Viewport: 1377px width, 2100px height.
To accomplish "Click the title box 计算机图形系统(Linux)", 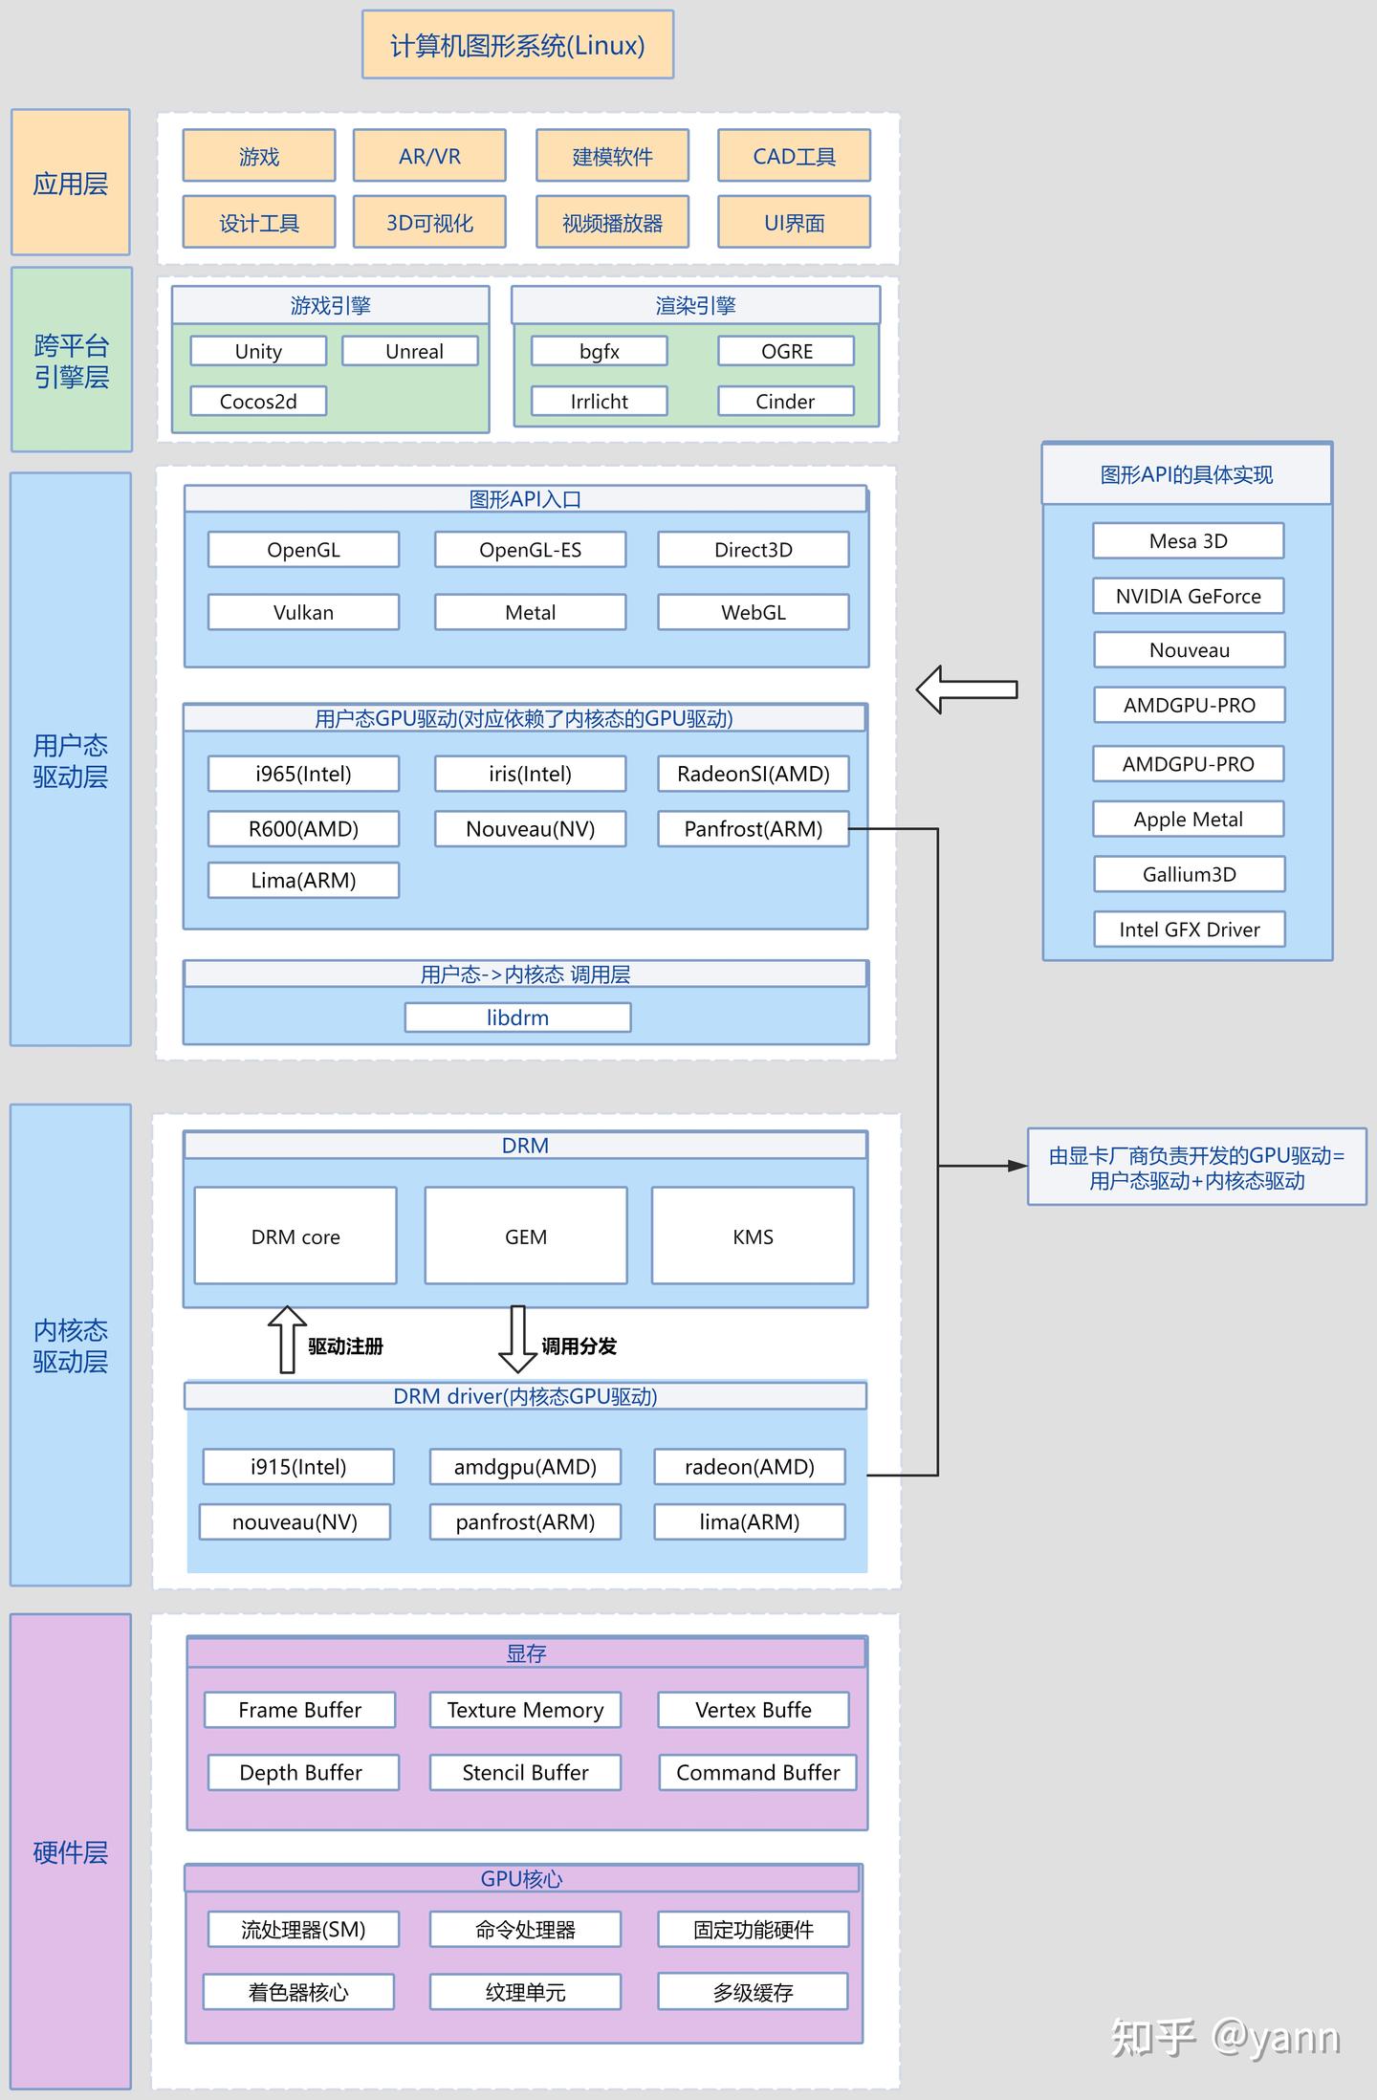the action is tap(517, 45).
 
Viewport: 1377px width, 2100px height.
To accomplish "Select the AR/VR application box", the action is tap(429, 156).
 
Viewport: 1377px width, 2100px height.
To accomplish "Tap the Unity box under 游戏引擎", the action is tap(258, 351).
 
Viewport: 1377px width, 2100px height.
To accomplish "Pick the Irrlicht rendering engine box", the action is tap(600, 402).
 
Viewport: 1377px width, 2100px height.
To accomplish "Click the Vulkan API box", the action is tap(303, 612).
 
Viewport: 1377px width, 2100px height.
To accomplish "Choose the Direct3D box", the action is tap(754, 550).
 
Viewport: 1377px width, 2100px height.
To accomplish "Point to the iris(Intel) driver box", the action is tap(531, 774).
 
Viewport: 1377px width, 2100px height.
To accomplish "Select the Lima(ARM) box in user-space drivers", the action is tap(303, 880).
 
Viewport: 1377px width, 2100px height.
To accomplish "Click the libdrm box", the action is tap(517, 1017).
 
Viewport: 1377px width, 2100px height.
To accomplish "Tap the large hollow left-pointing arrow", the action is tap(966, 689).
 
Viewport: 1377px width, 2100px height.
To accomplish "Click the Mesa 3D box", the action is tap(1189, 541).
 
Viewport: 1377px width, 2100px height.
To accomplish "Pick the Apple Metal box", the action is tap(1189, 820).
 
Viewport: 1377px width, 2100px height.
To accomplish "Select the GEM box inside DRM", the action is tap(526, 1236).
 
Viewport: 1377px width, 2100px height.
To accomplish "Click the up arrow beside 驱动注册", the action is tap(287, 1339).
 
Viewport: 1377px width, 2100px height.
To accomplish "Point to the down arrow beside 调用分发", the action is tap(517, 1339).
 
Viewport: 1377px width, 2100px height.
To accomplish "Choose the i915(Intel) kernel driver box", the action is tap(298, 1467).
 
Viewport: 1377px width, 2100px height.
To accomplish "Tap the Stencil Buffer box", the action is tap(526, 1772).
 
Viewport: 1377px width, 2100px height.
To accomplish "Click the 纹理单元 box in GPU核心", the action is tap(526, 1992).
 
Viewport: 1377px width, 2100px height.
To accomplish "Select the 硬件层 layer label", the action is tap(71, 1852).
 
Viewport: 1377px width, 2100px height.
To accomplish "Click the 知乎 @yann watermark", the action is tap(1225, 2038).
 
